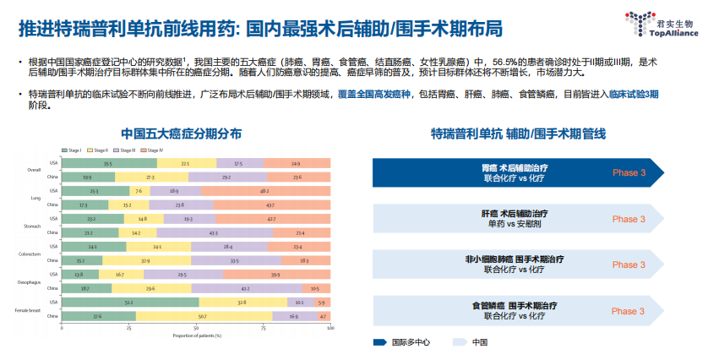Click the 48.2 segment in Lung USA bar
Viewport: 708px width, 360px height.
(x=264, y=191)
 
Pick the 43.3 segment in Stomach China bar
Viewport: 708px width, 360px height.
(x=213, y=232)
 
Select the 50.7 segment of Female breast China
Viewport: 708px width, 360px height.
(x=204, y=316)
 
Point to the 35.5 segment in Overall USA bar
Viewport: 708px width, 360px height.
(x=108, y=163)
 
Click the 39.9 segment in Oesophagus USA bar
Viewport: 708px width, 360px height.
(x=275, y=274)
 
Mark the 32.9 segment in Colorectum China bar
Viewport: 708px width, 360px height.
(x=145, y=260)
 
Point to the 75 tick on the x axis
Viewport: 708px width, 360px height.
(x=263, y=328)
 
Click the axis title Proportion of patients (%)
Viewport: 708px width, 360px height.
(x=196, y=335)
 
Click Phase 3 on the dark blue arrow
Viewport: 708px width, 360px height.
(x=629, y=172)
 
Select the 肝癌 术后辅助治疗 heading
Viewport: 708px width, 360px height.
(x=515, y=215)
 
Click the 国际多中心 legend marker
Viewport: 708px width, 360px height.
(x=380, y=342)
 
